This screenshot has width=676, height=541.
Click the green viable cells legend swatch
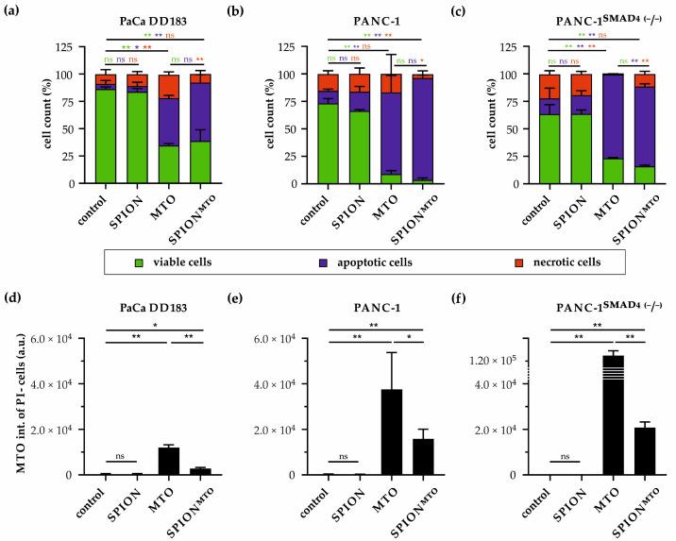tap(142, 262)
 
